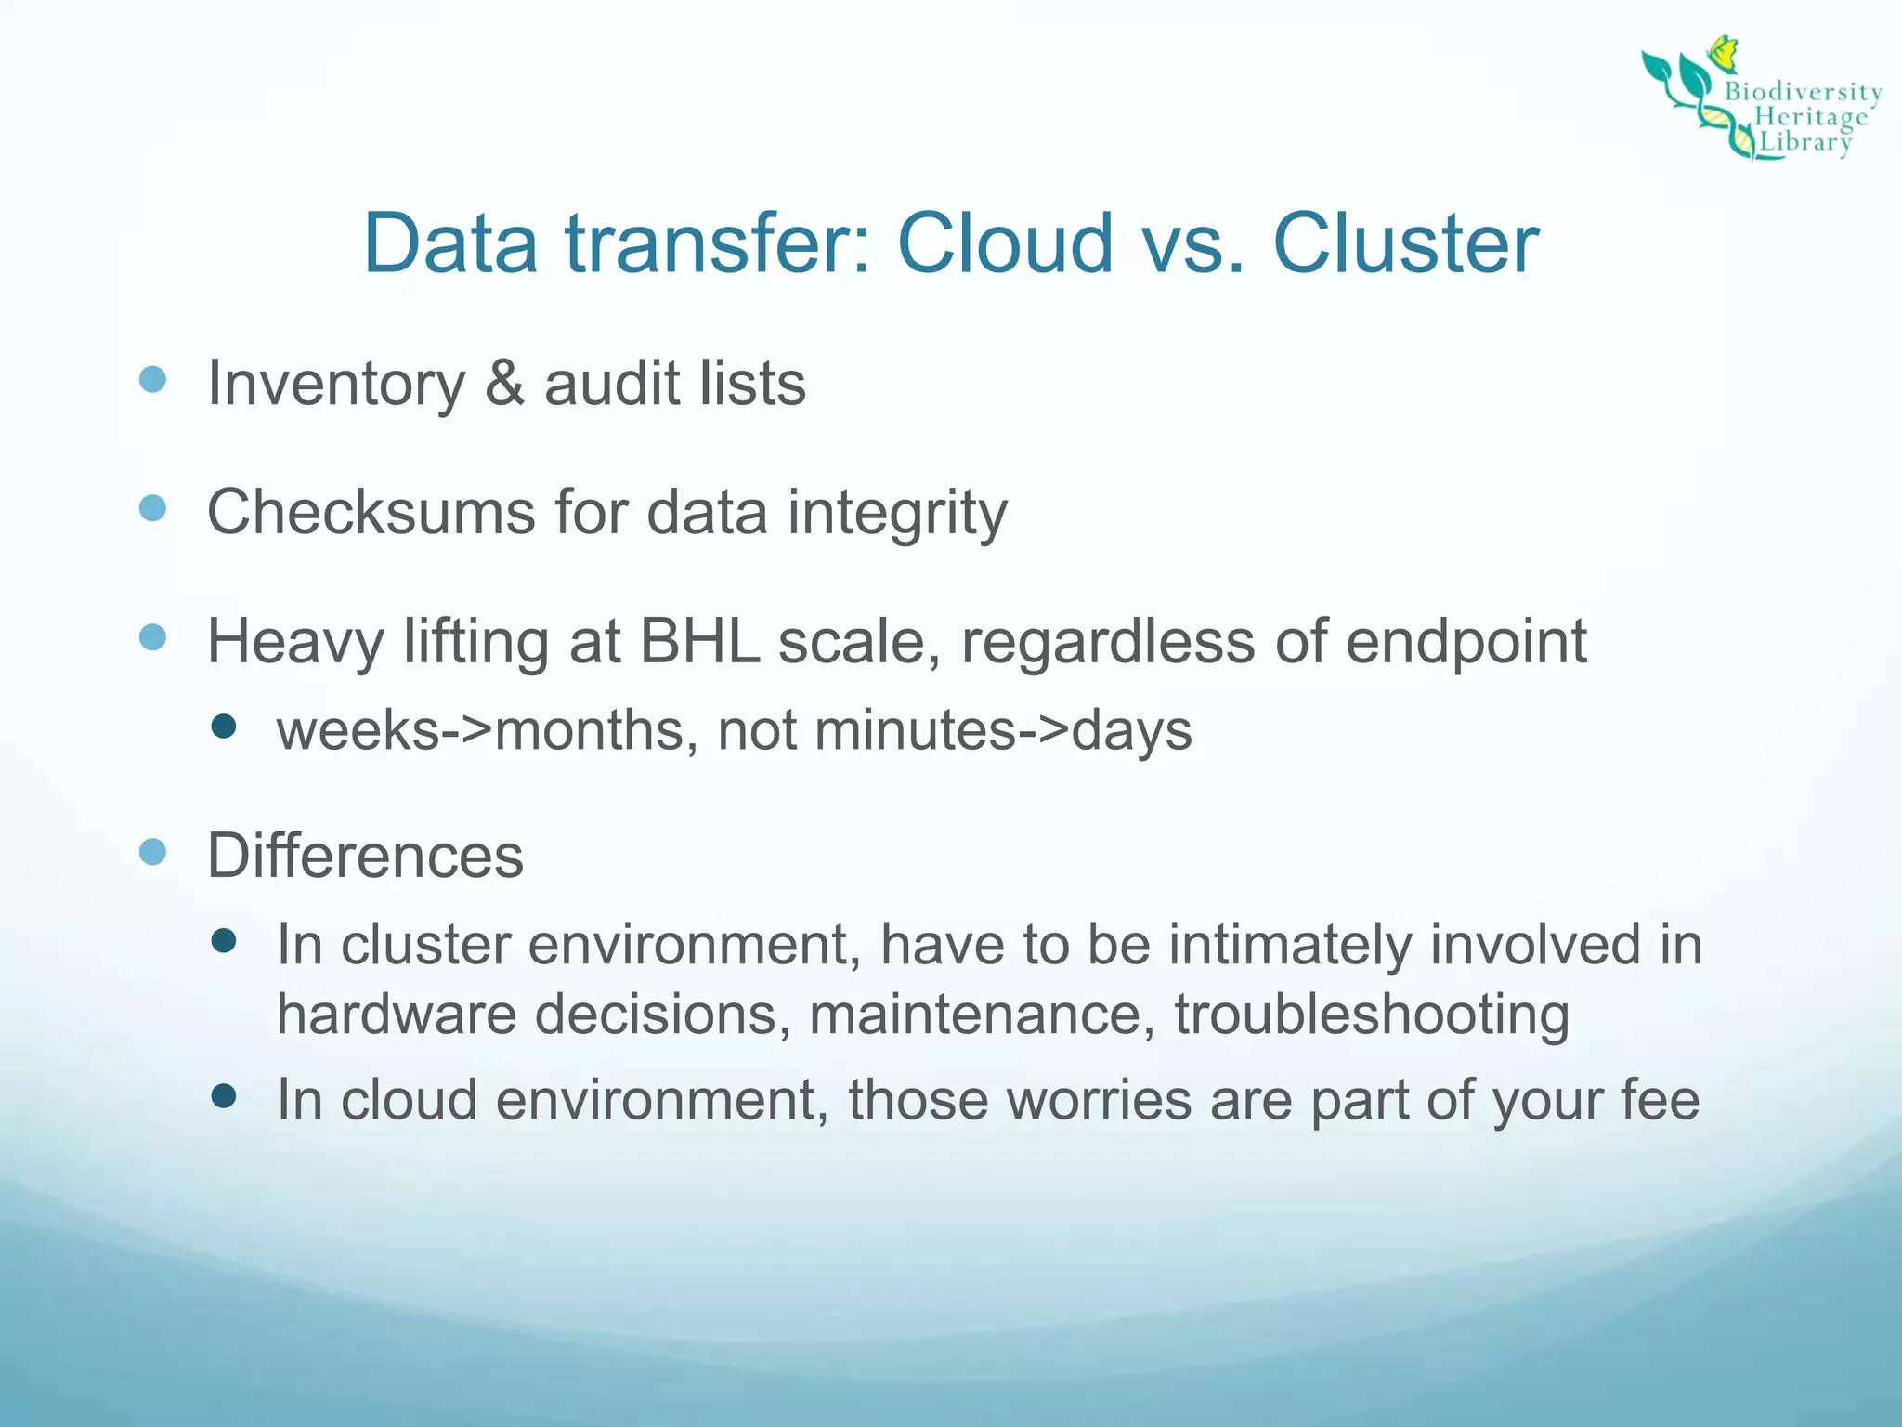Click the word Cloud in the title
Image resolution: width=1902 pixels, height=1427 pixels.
click(x=1005, y=243)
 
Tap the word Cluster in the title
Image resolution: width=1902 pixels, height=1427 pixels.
click(x=1405, y=243)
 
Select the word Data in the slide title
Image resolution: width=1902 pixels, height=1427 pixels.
click(x=450, y=243)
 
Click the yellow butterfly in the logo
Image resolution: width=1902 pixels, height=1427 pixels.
click(x=1724, y=54)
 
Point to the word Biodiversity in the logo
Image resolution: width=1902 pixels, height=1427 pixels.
click(x=1803, y=92)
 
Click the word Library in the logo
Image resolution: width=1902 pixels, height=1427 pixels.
click(x=1805, y=142)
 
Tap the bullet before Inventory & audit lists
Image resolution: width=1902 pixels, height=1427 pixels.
click(x=152, y=379)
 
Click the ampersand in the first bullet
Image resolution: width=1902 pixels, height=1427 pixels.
click(x=504, y=383)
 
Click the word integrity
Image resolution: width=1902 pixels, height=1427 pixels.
click(x=897, y=512)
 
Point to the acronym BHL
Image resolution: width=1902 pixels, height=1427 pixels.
click(x=700, y=641)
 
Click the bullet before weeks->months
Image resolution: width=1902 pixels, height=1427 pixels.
click(x=224, y=726)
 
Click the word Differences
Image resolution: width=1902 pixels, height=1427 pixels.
click(x=365, y=856)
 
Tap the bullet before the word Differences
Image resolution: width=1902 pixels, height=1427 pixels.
click(x=152, y=852)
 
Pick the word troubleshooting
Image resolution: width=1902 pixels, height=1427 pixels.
click(x=1372, y=1014)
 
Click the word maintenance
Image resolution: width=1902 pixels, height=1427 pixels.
click(x=982, y=1014)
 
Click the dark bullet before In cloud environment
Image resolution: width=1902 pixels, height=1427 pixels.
click(x=224, y=1097)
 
